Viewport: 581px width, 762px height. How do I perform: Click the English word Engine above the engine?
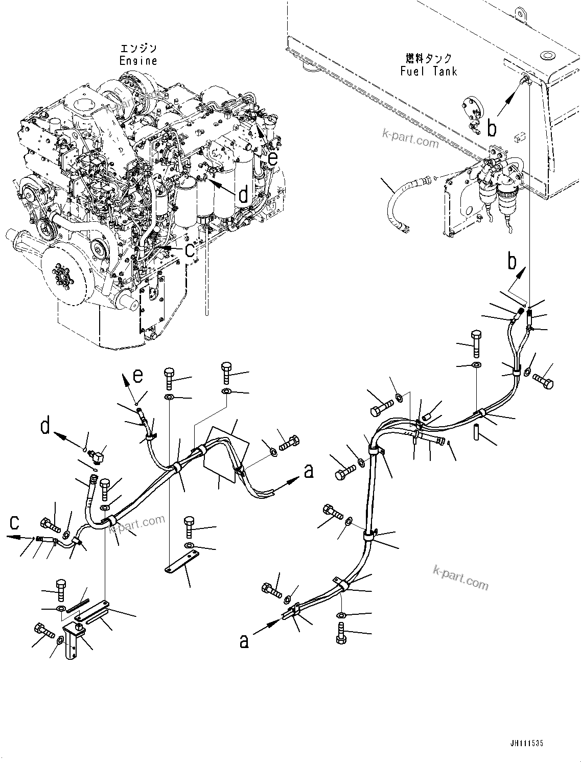point(138,61)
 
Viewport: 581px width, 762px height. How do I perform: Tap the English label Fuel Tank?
point(429,72)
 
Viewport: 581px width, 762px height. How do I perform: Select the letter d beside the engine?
point(244,194)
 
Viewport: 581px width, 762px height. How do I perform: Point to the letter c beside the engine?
point(190,250)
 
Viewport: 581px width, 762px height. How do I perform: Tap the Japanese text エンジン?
point(138,49)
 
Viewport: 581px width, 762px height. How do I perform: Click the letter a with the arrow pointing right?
point(309,472)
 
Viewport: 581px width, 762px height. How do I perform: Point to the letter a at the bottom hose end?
point(244,641)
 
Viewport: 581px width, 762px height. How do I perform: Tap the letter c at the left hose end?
point(14,533)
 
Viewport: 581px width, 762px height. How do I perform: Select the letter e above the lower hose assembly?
point(138,376)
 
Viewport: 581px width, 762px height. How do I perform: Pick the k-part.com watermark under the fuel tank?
point(411,138)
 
